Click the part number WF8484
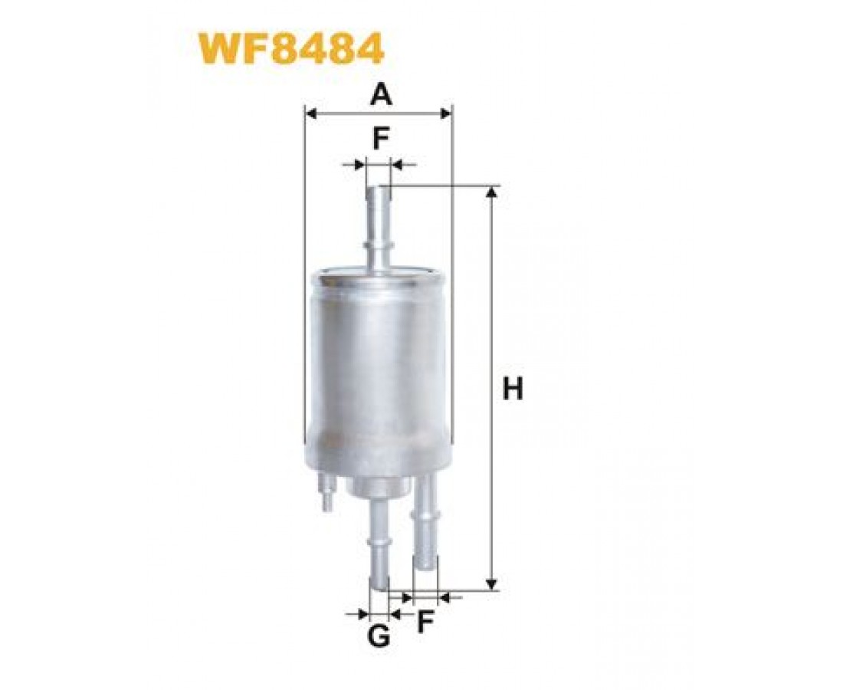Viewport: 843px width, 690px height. (291, 49)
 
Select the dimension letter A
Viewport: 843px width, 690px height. (380, 95)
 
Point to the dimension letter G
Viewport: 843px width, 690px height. (379, 637)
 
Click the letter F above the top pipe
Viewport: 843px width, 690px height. (381, 140)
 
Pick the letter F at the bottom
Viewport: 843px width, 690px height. (425, 623)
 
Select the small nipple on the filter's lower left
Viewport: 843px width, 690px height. (326, 492)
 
